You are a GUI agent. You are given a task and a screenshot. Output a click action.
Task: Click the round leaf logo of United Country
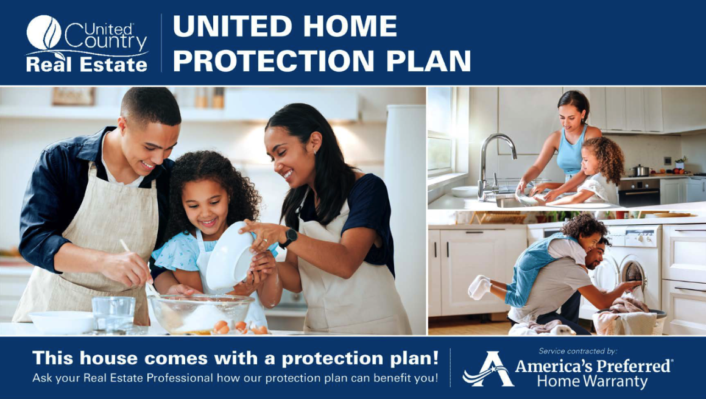coord(44,32)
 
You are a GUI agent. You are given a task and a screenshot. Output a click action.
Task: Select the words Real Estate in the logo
coord(87,65)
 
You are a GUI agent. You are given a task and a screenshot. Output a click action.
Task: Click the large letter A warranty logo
coord(489,369)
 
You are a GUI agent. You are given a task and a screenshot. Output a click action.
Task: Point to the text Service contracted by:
coord(578,351)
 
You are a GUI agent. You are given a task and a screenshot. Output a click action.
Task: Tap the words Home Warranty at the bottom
coord(592,381)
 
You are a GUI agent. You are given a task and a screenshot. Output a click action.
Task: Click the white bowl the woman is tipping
coord(230,256)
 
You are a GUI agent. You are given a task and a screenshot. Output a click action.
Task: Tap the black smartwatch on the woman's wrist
coord(289,238)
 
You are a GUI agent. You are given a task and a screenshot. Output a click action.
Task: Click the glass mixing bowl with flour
coord(200,314)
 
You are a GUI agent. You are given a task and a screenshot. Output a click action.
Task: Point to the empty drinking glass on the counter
coord(113,314)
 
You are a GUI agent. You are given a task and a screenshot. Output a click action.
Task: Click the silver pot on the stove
coord(640,171)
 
